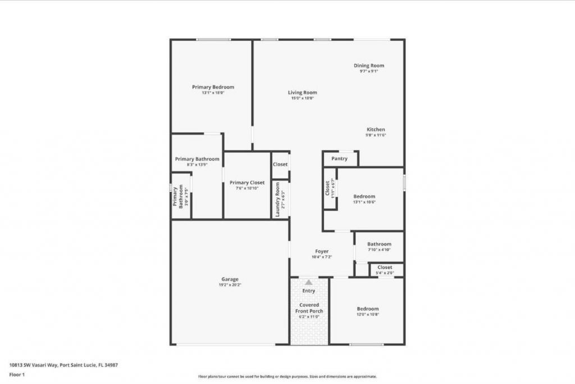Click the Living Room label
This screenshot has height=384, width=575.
click(303, 93)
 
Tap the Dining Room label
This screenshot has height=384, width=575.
click(369, 66)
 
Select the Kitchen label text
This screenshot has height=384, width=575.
click(376, 130)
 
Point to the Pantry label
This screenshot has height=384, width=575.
click(339, 159)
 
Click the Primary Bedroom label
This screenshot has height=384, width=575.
click(213, 87)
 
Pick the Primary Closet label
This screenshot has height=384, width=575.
click(247, 182)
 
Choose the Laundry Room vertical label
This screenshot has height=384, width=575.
click(277, 199)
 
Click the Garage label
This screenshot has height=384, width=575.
click(230, 280)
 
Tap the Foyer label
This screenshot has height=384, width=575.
click(322, 252)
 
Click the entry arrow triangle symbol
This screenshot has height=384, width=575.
click(308, 282)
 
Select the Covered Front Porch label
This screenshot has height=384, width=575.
click(309, 308)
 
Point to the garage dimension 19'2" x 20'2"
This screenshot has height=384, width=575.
click(230, 285)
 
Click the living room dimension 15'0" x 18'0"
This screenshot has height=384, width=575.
click(303, 98)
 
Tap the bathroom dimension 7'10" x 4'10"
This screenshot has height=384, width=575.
click(379, 250)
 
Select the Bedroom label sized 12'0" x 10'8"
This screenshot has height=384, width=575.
click(368, 309)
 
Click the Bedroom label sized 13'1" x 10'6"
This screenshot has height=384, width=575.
click(364, 196)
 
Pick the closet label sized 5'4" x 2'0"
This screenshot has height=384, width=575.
click(385, 267)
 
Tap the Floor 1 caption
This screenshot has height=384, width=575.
click(18, 374)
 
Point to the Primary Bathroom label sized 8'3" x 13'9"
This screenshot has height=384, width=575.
click(197, 159)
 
